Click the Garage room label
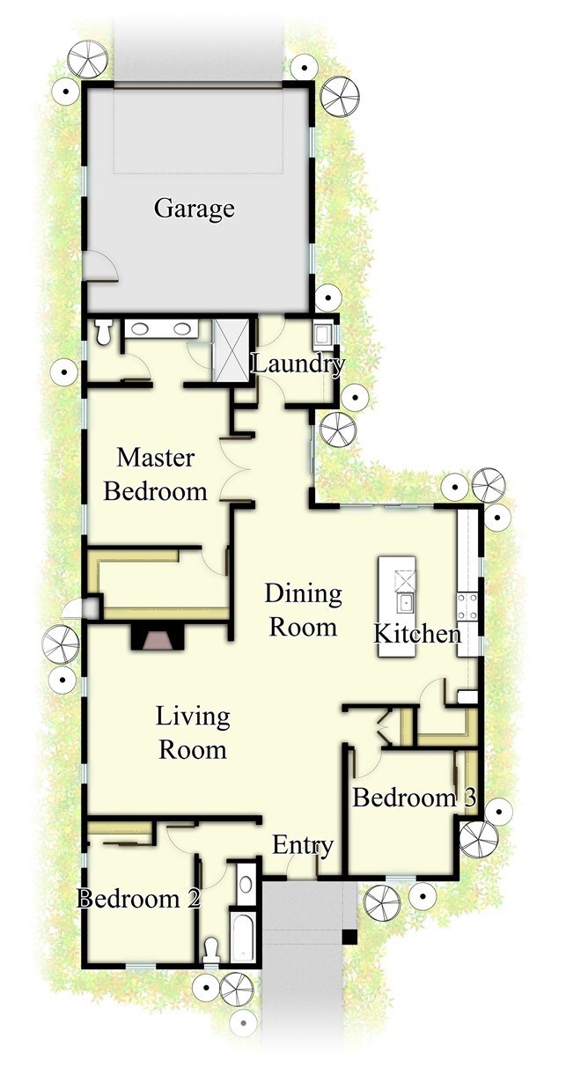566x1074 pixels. pyautogui.click(x=195, y=209)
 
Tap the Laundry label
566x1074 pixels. pyautogui.click(x=298, y=364)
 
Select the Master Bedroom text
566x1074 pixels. pyautogui.click(x=155, y=474)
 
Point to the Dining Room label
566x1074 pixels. pyautogui.click(x=303, y=610)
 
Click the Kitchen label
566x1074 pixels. pyautogui.click(x=417, y=634)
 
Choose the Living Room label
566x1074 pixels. pyautogui.click(x=193, y=733)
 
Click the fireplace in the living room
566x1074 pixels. pyautogui.click(x=158, y=636)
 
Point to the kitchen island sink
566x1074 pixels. pyautogui.click(x=405, y=602)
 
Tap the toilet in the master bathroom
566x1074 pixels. pyautogui.click(x=103, y=331)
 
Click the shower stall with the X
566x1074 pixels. pyautogui.click(x=231, y=350)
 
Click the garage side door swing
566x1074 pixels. pyautogui.click(x=103, y=265)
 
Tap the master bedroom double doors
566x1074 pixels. pyautogui.click(x=235, y=469)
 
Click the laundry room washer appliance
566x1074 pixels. pyautogui.click(x=321, y=335)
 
